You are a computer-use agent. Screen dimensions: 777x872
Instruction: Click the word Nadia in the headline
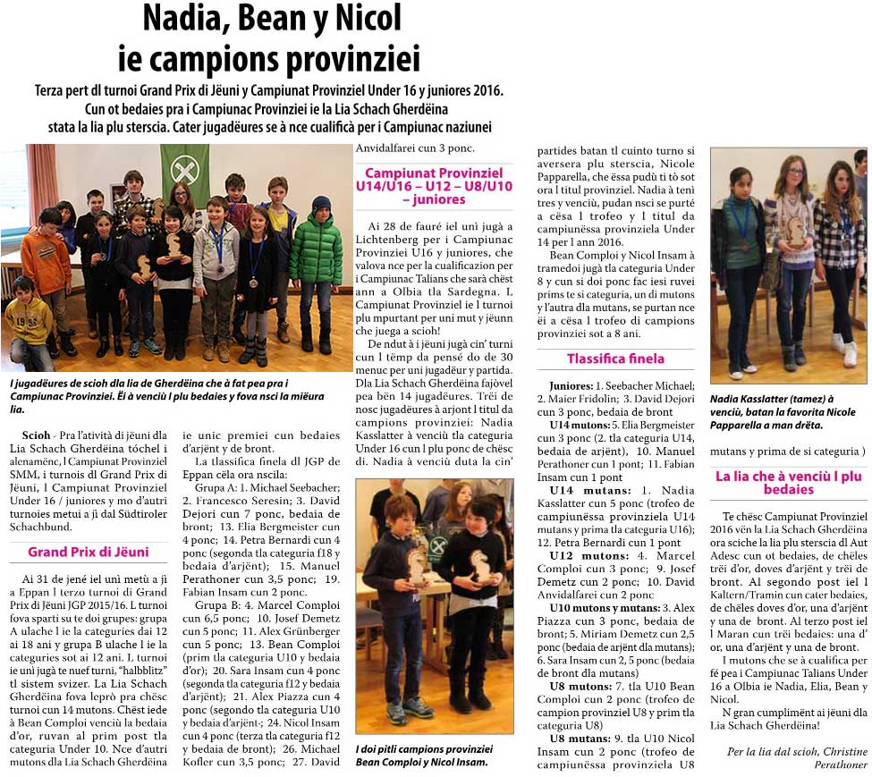(x=183, y=18)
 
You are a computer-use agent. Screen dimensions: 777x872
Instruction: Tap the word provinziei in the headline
(x=352, y=59)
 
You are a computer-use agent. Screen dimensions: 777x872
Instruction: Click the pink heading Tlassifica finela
(x=615, y=359)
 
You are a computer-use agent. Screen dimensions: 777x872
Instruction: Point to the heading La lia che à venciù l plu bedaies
(x=788, y=483)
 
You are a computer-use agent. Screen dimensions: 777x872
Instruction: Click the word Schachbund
(x=38, y=528)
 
